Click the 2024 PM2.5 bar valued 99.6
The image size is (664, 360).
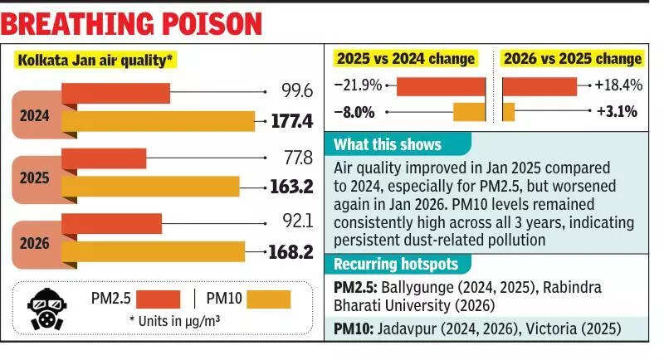tap(115, 93)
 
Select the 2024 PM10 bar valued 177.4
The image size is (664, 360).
tap(158, 121)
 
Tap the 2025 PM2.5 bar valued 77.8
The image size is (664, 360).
tap(104, 158)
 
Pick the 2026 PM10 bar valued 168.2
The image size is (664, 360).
tap(154, 251)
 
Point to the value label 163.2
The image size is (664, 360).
tap(291, 187)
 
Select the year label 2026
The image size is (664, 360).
tap(34, 244)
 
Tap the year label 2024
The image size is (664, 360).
tap(34, 116)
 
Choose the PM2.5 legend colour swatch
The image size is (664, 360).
tap(158, 299)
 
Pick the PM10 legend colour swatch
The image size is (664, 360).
tap(269, 299)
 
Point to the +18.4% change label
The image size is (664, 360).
tap(618, 85)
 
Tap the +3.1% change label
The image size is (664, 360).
tap(615, 111)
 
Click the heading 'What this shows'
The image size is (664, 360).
tap(388, 144)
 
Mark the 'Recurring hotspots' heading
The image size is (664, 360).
tap(395, 265)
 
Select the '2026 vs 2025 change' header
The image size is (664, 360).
tap(572, 58)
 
